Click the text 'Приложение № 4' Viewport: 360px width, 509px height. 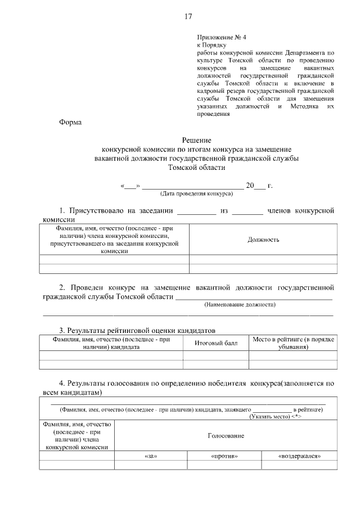219,37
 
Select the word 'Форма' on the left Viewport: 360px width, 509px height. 70,123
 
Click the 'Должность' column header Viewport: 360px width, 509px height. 263,240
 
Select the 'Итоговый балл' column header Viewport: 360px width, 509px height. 216,343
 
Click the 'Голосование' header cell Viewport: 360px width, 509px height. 226,435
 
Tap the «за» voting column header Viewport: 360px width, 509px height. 150,456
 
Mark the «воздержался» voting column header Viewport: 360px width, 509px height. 299,456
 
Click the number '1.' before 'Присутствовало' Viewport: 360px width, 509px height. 64,211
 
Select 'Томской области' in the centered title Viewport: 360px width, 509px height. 196,167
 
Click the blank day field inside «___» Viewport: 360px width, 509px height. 130,186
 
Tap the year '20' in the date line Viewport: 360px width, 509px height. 251,185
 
